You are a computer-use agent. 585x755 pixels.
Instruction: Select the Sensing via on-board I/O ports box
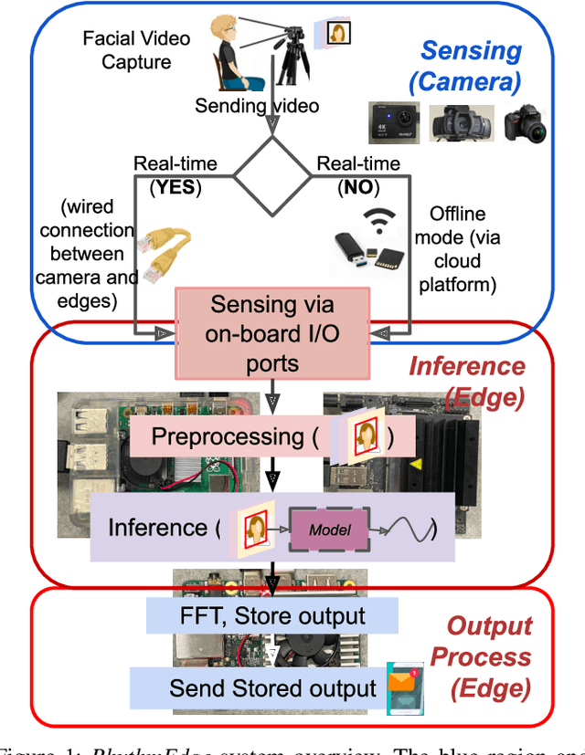tap(273, 333)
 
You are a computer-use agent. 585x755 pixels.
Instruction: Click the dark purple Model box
tap(329, 530)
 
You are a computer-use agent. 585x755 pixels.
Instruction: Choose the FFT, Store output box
tap(273, 615)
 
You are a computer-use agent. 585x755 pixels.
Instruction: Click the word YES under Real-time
tap(175, 186)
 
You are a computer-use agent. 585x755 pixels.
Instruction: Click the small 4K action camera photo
tap(392, 121)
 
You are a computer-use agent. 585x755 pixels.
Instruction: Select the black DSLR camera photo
tap(526, 122)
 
